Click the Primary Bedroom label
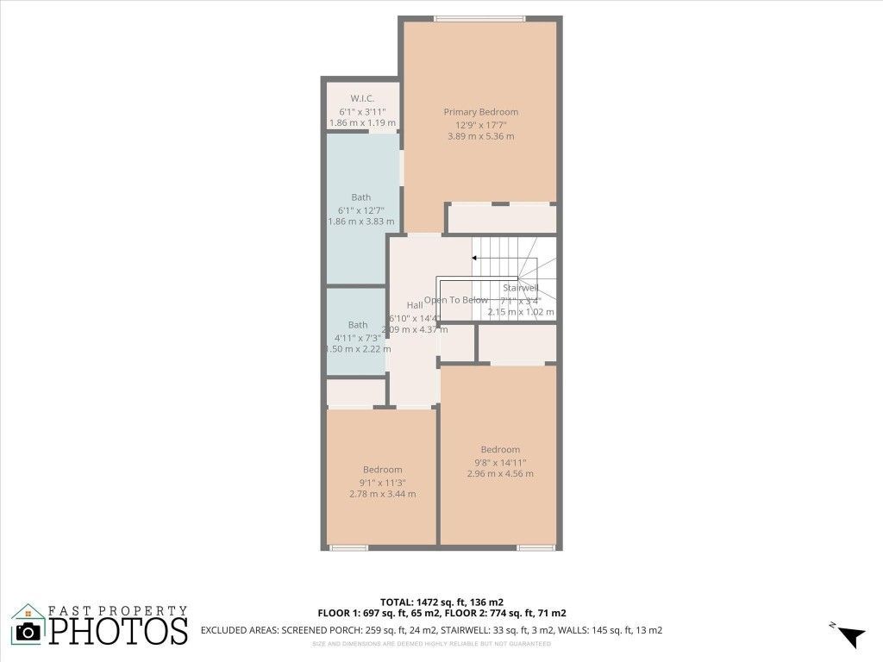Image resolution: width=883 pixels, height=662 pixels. [x=480, y=112]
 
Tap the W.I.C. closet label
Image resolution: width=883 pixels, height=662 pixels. [x=362, y=98]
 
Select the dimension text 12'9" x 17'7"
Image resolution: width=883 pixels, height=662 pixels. [x=480, y=124]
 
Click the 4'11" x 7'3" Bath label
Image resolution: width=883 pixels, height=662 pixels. [x=357, y=325]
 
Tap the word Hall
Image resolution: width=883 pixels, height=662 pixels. [x=414, y=305]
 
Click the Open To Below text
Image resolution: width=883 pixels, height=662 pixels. [x=455, y=300]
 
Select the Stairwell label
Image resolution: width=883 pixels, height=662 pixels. [x=520, y=288]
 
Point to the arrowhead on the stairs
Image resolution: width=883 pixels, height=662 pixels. [x=475, y=258]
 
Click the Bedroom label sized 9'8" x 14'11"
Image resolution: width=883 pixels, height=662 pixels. [x=500, y=449]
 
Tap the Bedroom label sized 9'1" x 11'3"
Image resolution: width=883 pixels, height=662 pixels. [x=382, y=470]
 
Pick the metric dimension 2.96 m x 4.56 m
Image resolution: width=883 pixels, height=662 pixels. [x=500, y=473]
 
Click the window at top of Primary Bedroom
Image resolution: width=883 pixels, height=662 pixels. [x=479, y=18]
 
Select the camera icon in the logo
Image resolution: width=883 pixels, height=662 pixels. [x=28, y=631]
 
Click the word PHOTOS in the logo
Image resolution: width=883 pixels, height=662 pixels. [x=118, y=631]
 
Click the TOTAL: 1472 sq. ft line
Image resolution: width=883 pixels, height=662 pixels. [x=441, y=602]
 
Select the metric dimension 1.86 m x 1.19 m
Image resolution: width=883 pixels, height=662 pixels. [x=362, y=123]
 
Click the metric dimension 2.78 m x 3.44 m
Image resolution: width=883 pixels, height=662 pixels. [x=382, y=494]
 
